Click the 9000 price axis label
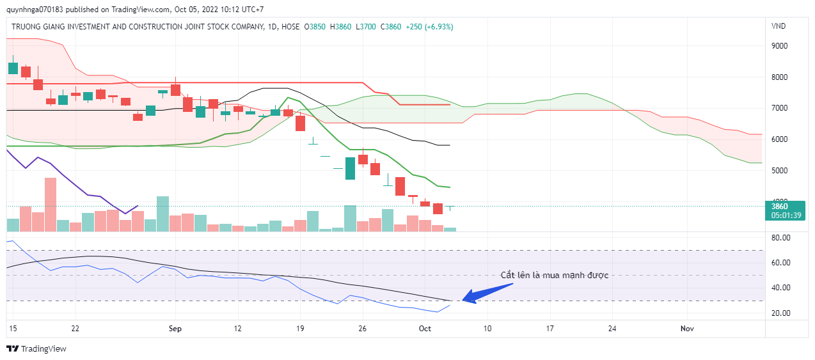[779, 46]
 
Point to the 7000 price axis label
[779, 108]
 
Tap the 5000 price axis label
[779, 171]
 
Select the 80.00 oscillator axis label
[781, 237]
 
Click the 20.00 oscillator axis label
[781, 313]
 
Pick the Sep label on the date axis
[175, 329]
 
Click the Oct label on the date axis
[425, 329]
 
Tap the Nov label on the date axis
[687, 329]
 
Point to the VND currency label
[779, 26]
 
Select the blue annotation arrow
[487, 292]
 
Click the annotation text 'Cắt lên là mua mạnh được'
[554, 275]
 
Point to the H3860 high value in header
[340, 27]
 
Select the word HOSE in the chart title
[290, 27]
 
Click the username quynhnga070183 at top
[34, 10]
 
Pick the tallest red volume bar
[51, 204]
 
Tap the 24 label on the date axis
[612, 329]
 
